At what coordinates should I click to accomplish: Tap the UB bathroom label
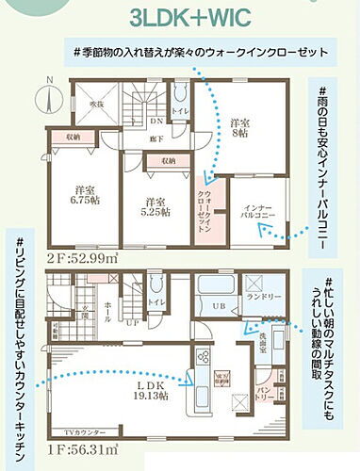[220, 307]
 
